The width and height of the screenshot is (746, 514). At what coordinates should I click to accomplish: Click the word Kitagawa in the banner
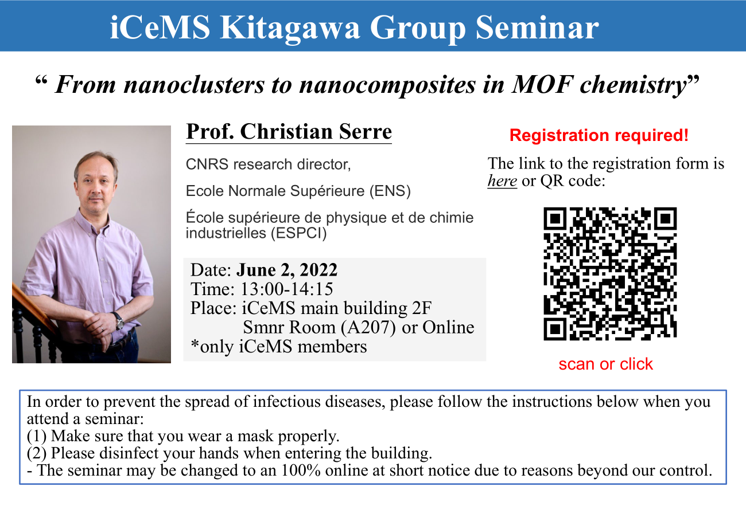point(290,28)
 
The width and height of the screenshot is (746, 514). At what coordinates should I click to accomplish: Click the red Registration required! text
point(599,135)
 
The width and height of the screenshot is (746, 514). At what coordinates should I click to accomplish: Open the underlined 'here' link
point(502,181)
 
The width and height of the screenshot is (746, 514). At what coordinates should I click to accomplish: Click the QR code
point(610,274)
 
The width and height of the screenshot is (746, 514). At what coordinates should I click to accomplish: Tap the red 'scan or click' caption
point(606,364)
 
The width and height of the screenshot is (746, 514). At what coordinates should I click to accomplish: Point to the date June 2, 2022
point(287,270)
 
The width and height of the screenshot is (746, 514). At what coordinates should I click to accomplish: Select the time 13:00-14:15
point(286,289)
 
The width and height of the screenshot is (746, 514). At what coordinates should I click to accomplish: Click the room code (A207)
point(368,328)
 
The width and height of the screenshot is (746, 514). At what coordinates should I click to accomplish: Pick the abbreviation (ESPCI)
point(299,233)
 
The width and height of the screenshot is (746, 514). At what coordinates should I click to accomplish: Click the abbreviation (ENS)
point(390,191)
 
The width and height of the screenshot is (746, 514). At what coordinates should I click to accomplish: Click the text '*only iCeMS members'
point(279,347)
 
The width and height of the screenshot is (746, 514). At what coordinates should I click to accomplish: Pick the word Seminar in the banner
point(537,28)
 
